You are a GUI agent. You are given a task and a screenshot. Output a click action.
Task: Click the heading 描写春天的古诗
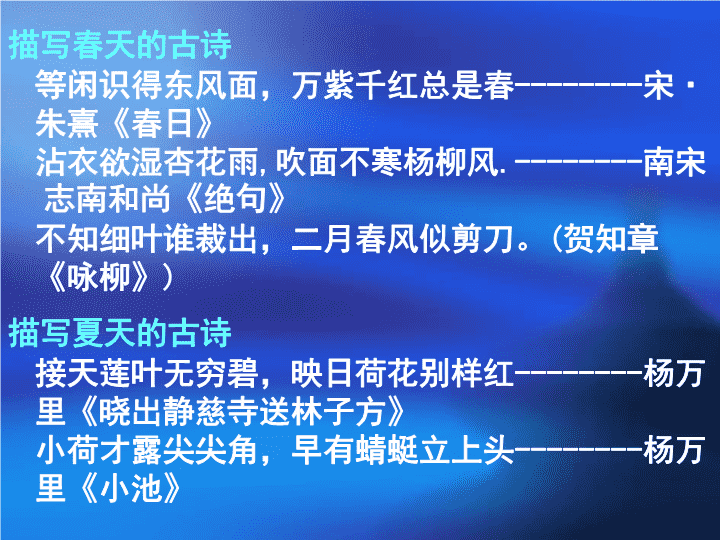tap(120, 45)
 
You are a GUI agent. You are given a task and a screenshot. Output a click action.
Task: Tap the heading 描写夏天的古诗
tap(120, 332)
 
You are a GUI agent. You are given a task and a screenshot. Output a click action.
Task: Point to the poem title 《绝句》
tap(236, 200)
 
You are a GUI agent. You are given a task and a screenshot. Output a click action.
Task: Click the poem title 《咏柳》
tap(99, 277)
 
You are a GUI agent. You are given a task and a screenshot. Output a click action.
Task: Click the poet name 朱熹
tap(67, 124)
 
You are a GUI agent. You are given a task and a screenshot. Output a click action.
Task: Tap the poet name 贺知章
tap(611, 238)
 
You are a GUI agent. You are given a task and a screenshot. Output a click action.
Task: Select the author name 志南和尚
tap(107, 200)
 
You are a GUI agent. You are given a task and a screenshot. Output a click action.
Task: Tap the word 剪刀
tap(483, 238)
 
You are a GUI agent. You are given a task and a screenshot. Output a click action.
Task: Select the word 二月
tap(323, 238)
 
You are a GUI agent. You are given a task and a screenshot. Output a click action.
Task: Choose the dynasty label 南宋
tap(674, 162)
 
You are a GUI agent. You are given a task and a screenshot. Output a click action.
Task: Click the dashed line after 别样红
tap(579, 374)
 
